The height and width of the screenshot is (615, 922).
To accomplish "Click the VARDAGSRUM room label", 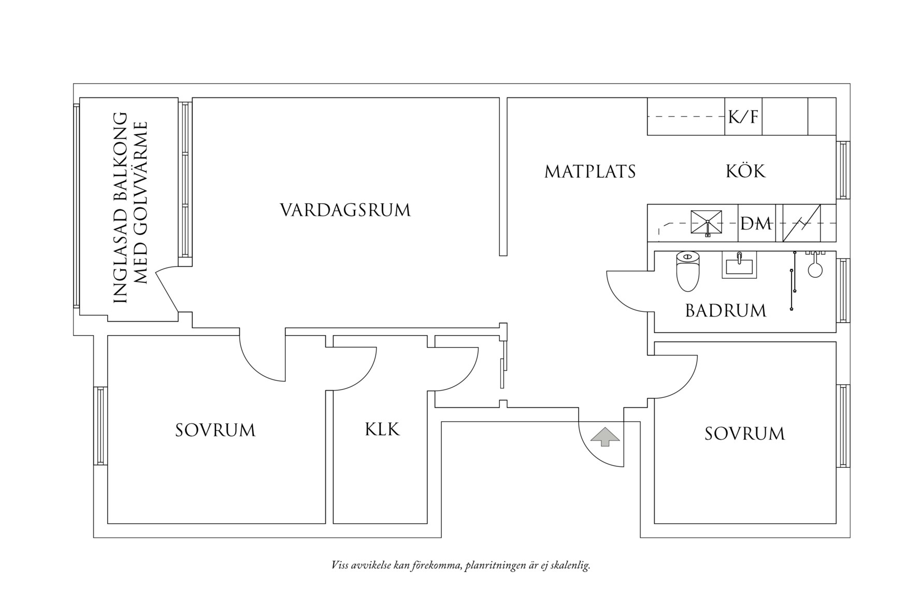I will [345, 210].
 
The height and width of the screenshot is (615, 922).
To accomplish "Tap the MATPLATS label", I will [589, 171].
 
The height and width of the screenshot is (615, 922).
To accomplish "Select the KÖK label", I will [745, 171].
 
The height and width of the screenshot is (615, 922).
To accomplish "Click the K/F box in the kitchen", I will [743, 117].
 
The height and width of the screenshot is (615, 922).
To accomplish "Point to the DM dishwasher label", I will [756, 224].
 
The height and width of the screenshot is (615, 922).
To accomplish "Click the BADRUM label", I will [725, 311].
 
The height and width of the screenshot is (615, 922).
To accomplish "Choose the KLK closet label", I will [382, 430].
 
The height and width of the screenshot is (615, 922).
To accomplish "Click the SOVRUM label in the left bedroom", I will [215, 431].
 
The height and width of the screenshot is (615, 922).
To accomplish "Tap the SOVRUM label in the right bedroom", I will [744, 434].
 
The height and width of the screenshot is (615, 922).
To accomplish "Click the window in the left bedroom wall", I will [100, 425].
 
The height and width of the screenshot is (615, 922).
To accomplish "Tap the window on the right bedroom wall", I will [843, 426].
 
